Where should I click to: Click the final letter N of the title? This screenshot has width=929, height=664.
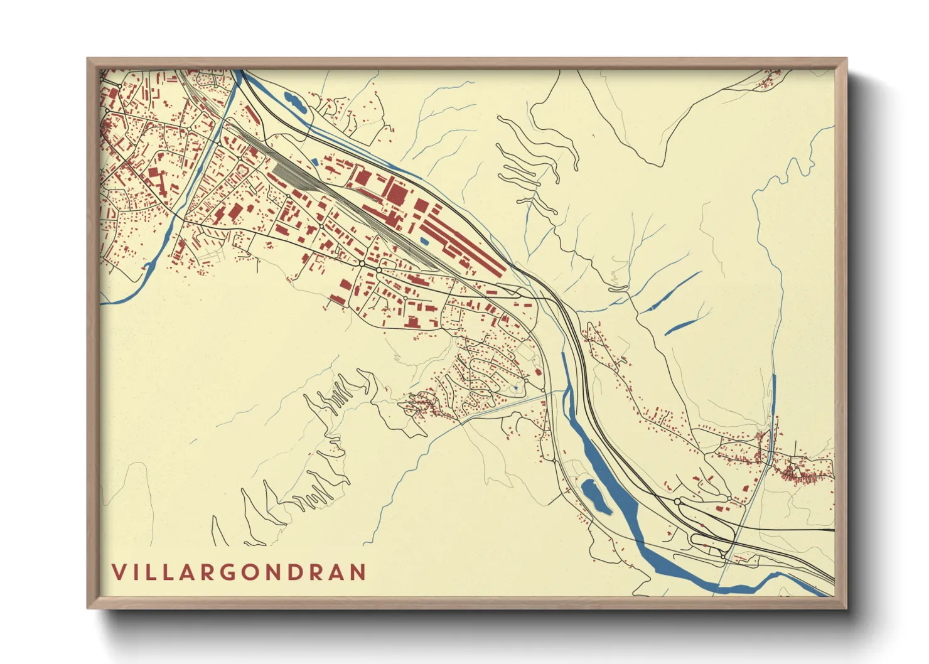click(x=358, y=572)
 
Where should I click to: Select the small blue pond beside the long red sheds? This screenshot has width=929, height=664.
click(x=424, y=241)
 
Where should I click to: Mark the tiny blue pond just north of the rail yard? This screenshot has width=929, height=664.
click(x=314, y=161)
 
